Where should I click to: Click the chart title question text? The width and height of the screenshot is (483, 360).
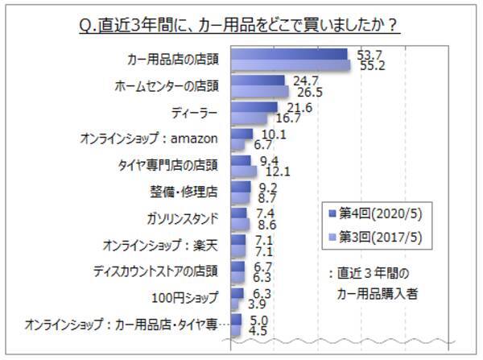(x=241, y=25)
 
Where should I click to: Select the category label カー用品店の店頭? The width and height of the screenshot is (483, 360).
(x=172, y=60)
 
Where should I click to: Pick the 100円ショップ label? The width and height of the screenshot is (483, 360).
(x=184, y=298)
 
